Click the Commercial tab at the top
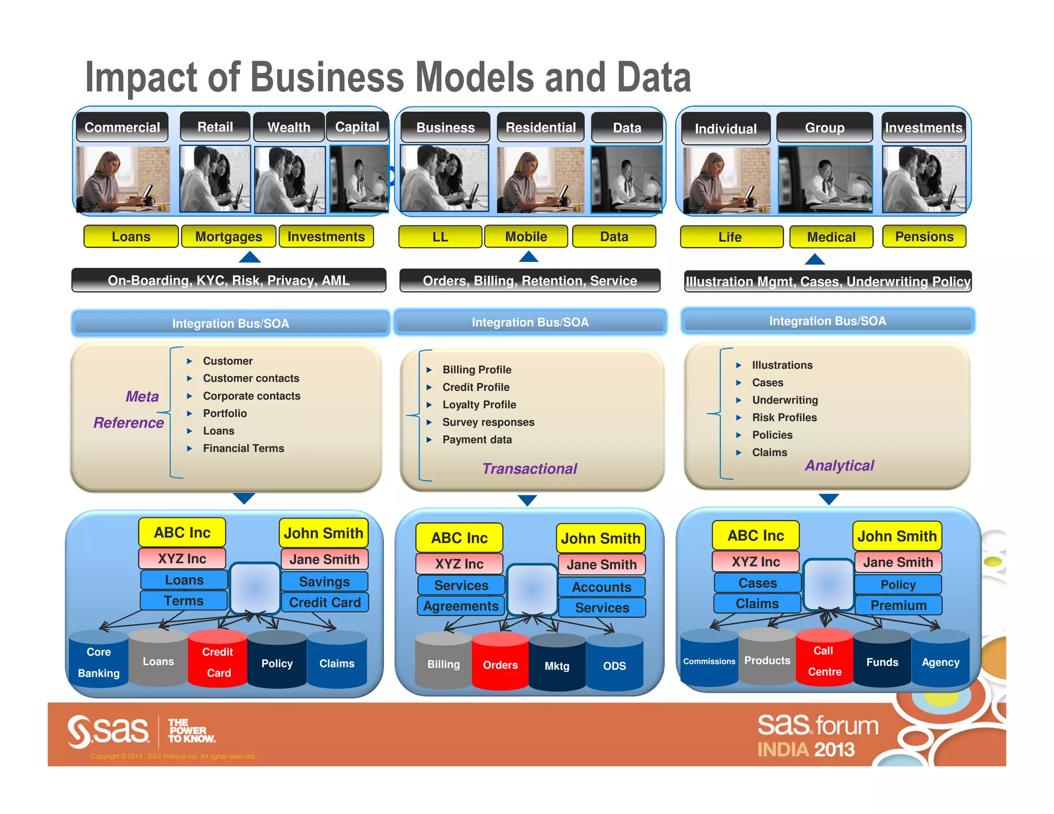coord(122,127)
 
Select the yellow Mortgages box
coord(229,237)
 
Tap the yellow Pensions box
coord(924,237)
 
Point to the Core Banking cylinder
coord(98,662)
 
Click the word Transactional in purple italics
coord(529,468)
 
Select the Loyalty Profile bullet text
coord(479,404)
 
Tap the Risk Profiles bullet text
coord(784,417)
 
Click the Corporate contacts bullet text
coord(251,396)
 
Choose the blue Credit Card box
coord(325,602)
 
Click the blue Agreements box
coord(461,606)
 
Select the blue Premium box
coord(898,605)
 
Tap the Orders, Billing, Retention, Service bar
coord(530,280)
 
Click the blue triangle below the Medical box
coord(814,259)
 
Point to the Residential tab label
coord(540,127)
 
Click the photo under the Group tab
coord(824,179)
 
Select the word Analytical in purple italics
coord(839,465)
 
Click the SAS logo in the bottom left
coord(109,731)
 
